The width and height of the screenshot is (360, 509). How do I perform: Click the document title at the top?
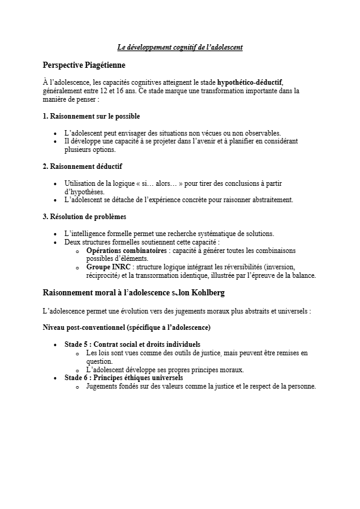coord(180,47)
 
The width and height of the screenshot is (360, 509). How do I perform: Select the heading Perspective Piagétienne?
coord(84,65)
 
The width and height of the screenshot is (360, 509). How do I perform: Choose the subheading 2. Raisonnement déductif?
coord(83,166)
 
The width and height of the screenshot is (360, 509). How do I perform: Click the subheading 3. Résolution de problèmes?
coord(85,216)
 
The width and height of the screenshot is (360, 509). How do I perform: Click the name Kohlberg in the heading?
coord(206,293)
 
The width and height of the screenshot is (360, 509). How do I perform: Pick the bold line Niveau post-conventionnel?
coord(126,327)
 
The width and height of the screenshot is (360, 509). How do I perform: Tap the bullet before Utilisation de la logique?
coord(56,183)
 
